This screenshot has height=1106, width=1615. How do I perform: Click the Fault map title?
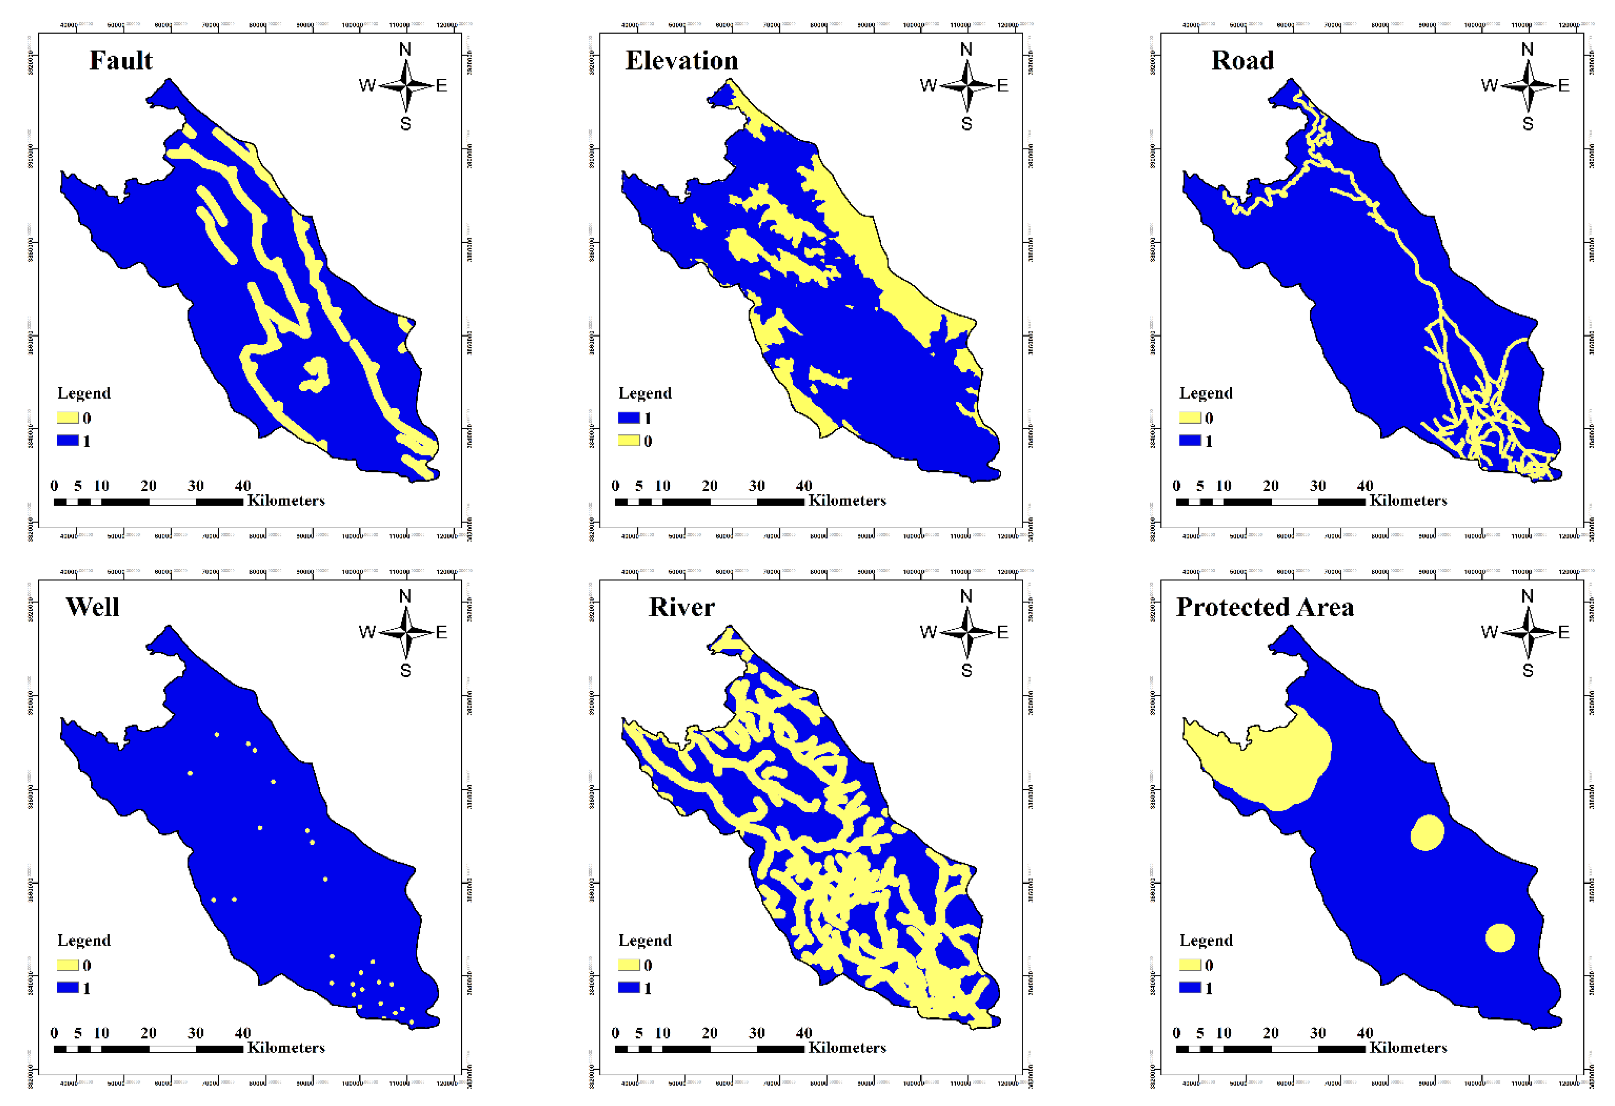121,61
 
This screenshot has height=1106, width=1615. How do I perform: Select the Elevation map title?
682,61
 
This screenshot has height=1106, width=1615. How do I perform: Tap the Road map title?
1243,61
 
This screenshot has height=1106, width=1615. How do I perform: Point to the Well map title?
92,607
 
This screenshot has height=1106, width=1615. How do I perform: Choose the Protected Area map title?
1265,607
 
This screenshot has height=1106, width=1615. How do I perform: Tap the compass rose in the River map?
967,632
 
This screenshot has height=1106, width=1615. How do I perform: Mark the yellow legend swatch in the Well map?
68,965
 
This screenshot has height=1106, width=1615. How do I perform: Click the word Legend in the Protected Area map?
1206,941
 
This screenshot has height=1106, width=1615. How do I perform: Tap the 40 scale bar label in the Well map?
242,1033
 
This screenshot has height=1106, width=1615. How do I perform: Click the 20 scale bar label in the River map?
709,1033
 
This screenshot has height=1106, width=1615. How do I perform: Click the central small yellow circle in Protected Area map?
1427,832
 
